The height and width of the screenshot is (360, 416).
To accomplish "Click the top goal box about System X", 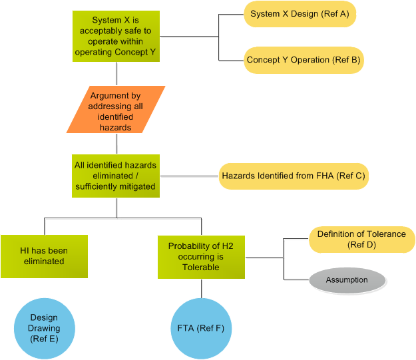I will click(x=116, y=37).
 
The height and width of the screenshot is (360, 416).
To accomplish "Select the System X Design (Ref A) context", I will click(x=300, y=14).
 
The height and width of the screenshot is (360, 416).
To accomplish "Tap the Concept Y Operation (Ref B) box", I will click(x=304, y=60).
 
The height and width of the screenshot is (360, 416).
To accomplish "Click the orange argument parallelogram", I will click(x=116, y=110).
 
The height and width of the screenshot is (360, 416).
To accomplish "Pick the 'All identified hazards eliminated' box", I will click(x=116, y=176).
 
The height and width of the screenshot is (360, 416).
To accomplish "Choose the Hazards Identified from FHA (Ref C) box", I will click(x=294, y=176).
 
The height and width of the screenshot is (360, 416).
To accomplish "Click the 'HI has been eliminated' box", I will click(x=44, y=256).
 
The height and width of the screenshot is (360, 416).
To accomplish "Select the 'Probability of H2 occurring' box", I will click(x=200, y=256).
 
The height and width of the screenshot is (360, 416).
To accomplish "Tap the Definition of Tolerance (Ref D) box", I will click(x=361, y=240).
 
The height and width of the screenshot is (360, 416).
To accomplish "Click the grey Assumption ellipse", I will click(x=347, y=279).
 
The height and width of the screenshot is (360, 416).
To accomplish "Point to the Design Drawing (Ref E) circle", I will click(x=45, y=328).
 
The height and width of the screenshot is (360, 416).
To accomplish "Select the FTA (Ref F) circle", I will click(x=201, y=328).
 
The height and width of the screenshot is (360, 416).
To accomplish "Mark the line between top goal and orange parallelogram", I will click(x=116, y=74).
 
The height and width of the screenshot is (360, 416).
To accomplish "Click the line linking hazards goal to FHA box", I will click(x=190, y=176).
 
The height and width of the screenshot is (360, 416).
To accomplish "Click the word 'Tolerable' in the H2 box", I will click(x=200, y=267).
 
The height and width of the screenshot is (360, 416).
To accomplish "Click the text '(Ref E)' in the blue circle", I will click(x=45, y=339).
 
